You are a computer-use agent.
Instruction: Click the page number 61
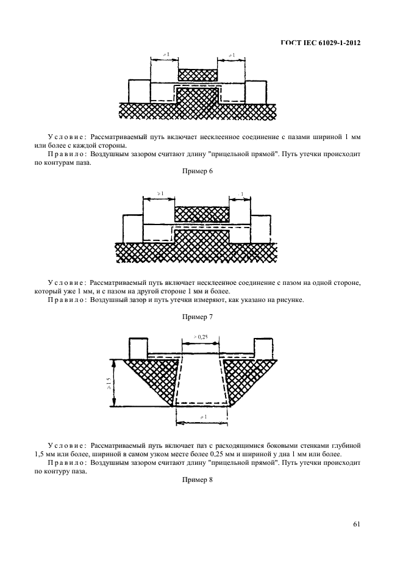356,523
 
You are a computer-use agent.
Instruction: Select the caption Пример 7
197,317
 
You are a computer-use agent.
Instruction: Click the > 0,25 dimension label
200,336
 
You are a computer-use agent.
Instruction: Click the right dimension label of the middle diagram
241,194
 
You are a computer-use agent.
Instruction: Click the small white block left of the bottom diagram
137,347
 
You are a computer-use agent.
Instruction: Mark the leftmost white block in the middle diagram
132,228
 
